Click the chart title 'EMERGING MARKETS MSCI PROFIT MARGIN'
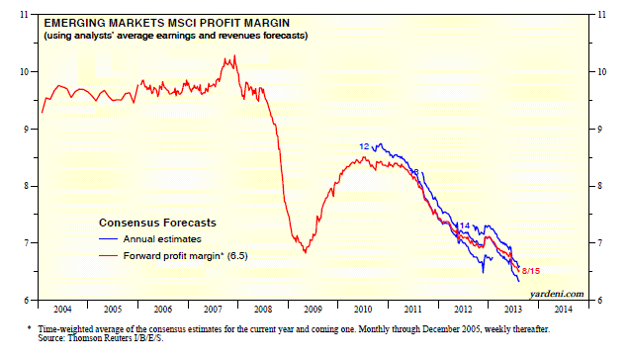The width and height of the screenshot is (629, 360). tap(166, 23)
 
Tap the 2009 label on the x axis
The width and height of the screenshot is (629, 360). tap(313, 309)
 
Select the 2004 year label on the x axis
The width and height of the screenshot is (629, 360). tap(62, 309)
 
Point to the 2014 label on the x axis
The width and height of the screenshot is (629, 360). tap(563, 309)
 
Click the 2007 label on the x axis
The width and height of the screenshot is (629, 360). tap(213, 309)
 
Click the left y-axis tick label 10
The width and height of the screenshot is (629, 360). tap(24, 72)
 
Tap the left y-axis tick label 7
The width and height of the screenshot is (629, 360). tap(27, 243)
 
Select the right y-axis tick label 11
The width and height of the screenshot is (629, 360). tap(601, 15)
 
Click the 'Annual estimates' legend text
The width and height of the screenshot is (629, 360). tap(162, 239)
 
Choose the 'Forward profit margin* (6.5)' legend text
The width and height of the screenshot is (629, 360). tap(185, 256)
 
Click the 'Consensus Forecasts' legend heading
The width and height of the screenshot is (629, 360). tap(157, 223)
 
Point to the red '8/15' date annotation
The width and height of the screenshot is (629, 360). tap(531, 271)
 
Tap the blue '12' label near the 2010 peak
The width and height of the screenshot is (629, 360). tap(364, 146)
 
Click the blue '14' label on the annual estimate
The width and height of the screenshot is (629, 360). tap(465, 225)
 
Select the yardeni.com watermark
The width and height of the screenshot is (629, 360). tap(557, 294)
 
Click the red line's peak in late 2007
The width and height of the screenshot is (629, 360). tap(234, 55)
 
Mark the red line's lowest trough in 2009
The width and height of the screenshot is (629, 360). tap(306, 252)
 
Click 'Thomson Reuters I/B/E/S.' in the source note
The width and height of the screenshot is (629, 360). tap(116, 338)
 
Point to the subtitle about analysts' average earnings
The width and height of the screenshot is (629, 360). tap(176, 36)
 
